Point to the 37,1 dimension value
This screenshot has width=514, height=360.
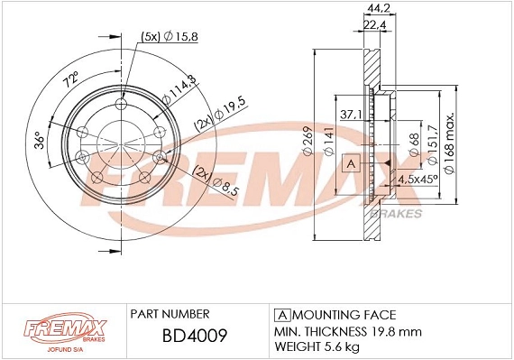pos(352,115)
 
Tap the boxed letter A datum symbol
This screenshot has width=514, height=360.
pos(353,163)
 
